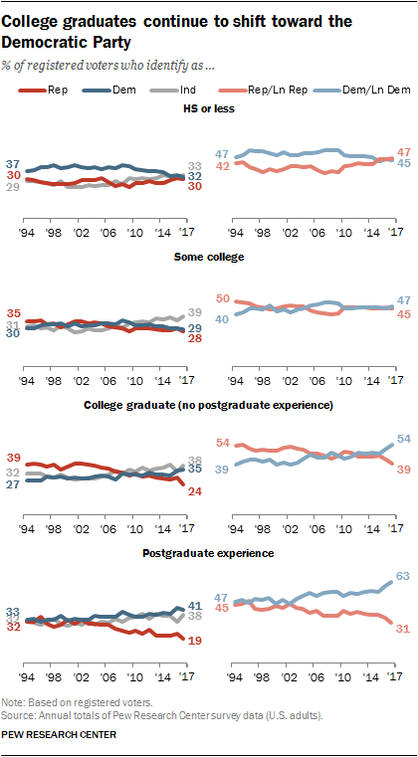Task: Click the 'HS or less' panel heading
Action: tap(208, 109)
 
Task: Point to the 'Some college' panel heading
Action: tap(208, 256)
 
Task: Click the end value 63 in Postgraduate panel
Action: tap(403, 574)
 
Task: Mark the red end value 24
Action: tap(195, 491)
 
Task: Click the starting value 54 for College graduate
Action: tap(224, 443)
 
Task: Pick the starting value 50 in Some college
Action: tap(224, 298)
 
